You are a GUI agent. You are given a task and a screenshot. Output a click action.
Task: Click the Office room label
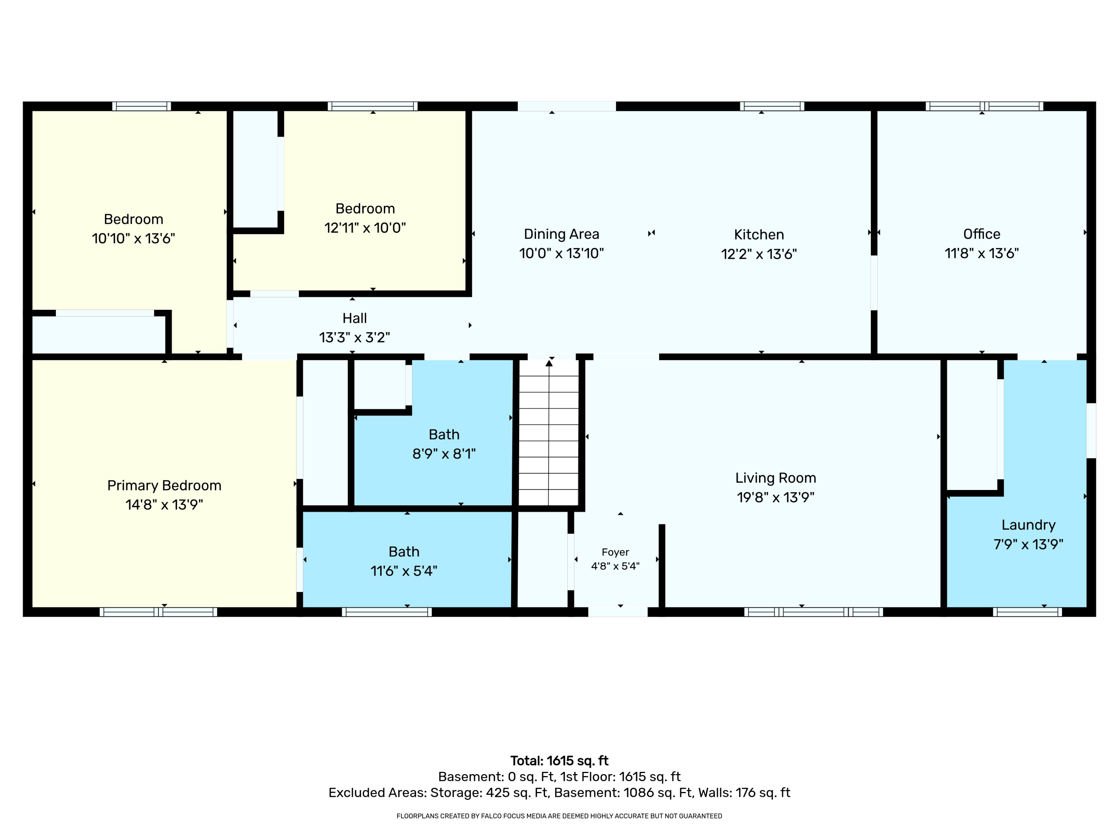coord(981,234)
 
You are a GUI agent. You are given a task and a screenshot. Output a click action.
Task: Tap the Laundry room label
coord(1028,525)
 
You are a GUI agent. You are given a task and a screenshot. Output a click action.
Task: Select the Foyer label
coord(615,552)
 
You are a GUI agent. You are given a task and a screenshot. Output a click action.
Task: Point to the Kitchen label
coord(759,235)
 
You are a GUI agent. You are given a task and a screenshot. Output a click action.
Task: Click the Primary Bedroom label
coord(164,486)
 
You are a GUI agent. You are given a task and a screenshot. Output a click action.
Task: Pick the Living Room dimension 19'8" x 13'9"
coord(775,497)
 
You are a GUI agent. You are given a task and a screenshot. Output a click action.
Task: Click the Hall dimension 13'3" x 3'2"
coord(355,337)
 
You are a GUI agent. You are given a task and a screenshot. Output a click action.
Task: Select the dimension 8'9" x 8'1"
coord(444,454)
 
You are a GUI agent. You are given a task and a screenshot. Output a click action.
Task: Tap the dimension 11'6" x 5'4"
coord(404,571)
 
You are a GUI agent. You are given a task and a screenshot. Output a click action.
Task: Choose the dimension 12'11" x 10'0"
coord(365,227)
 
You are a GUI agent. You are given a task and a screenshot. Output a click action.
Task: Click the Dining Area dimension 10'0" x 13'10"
coord(561,253)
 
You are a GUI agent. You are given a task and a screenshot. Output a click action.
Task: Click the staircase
coord(549,433)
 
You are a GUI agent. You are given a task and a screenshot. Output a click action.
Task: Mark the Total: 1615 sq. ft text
coord(559,761)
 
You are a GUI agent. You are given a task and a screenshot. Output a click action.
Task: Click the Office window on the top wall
coord(984,106)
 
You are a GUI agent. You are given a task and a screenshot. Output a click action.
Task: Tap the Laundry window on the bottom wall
coord(1028,612)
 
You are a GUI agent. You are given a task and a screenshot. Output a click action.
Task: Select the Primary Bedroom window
coord(159,612)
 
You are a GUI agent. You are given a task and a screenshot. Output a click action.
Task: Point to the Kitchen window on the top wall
coord(772,106)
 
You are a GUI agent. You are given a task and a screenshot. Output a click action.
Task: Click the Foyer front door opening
coord(618,612)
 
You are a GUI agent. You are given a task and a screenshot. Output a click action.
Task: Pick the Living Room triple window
coord(814,612)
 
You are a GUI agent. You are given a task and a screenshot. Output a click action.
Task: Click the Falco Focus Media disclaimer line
coord(559,816)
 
